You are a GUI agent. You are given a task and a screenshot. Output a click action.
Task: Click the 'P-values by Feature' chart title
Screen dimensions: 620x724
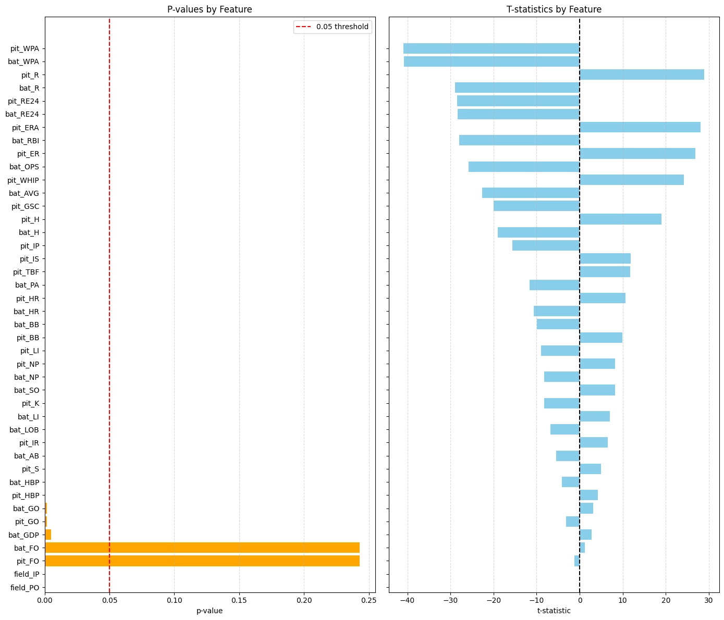(210, 9)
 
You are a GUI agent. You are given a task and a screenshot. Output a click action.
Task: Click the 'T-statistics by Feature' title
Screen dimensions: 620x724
(554, 9)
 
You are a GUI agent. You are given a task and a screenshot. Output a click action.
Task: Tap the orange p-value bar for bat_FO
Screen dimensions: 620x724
(202, 548)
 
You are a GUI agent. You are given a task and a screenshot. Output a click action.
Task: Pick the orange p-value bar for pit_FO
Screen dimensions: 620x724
(202, 561)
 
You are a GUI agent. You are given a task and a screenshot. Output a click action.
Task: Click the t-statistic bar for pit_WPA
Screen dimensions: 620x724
(491, 48)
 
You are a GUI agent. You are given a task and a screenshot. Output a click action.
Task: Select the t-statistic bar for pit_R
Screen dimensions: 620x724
(642, 75)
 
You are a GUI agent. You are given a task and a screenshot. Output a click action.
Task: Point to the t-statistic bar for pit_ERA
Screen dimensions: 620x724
(640, 128)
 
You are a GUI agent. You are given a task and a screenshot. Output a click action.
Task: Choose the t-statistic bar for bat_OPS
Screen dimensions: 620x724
(524, 167)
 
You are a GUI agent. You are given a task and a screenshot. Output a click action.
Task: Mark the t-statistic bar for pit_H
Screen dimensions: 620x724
(620, 219)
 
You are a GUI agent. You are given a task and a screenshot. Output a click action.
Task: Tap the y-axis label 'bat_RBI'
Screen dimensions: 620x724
(25, 141)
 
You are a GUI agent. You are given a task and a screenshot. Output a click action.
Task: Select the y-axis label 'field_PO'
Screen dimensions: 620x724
(24, 588)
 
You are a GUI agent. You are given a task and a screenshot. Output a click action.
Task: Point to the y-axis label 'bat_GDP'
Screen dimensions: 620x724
(23, 535)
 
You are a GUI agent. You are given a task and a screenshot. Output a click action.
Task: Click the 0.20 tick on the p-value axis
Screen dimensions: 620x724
(304, 601)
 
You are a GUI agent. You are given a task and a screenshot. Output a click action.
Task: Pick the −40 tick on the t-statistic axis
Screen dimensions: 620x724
(407, 601)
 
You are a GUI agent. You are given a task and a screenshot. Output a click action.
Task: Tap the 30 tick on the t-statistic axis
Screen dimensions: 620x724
(708, 601)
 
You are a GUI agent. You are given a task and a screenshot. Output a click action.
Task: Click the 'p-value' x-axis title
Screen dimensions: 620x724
(210, 611)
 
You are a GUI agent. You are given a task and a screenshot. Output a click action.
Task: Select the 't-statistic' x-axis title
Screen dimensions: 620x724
(554, 611)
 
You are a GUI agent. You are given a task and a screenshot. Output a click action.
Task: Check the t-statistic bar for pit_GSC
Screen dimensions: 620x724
(536, 206)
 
